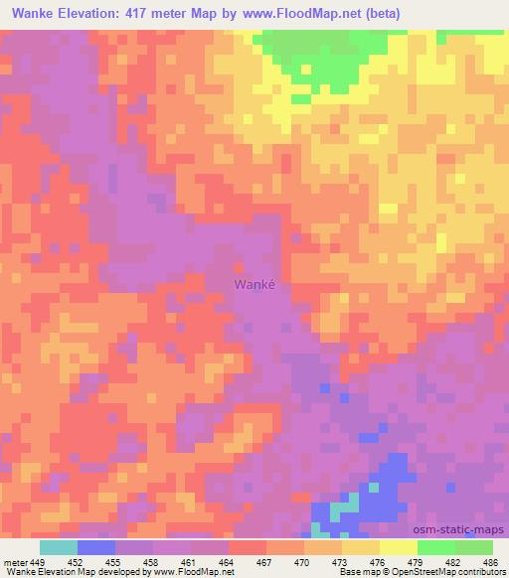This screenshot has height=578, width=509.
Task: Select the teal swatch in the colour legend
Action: pyautogui.click(x=59, y=547)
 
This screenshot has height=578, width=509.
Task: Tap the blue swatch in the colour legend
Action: pyautogui.click(x=96, y=547)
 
